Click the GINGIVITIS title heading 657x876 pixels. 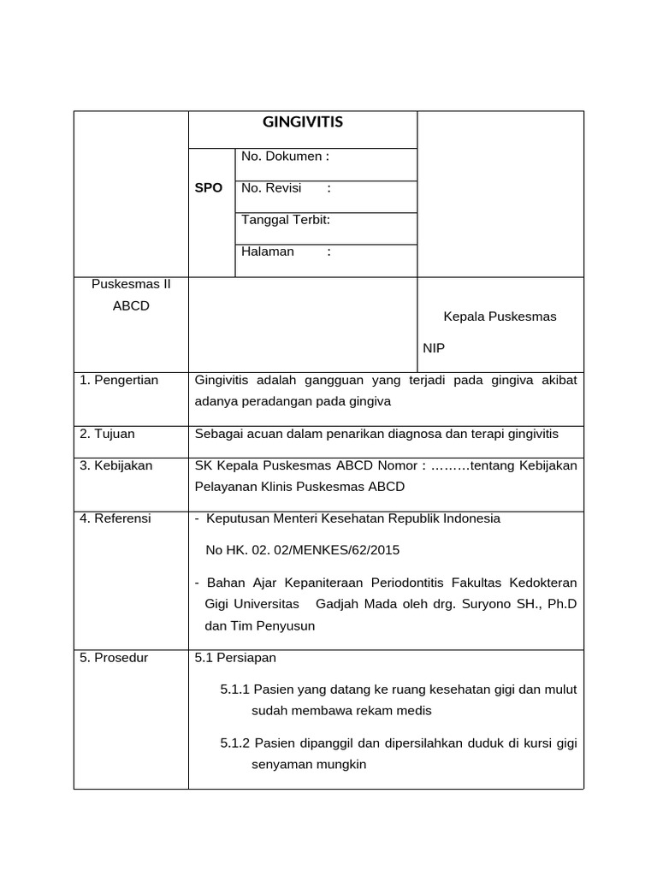[302, 122]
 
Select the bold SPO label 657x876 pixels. [209, 188]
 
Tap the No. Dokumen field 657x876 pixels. [285, 157]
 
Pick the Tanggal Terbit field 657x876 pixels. [286, 220]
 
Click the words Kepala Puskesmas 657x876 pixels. [500, 317]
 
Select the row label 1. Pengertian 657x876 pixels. [119, 380]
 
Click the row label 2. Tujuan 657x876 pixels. [107, 434]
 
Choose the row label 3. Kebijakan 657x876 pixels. [116, 465]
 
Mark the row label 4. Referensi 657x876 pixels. [115, 518]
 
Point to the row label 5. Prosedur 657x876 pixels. [114, 658]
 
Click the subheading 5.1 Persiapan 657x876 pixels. [235, 658]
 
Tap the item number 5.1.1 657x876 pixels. [234, 690]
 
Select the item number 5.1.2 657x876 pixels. [234, 743]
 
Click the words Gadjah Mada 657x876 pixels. [348, 604]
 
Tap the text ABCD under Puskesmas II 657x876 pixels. [131, 306]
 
